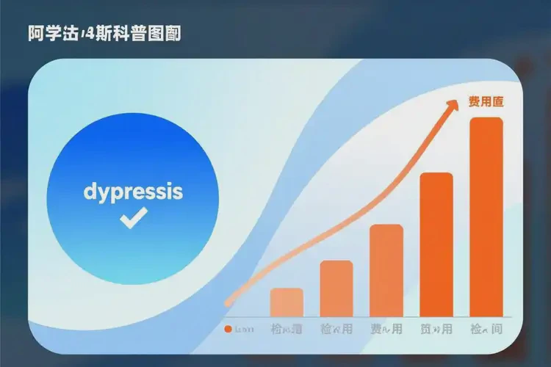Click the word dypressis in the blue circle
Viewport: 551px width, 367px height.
click(x=133, y=192)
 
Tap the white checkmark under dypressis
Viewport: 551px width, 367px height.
click(x=134, y=217)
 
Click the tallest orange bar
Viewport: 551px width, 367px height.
click(x=486, y=217)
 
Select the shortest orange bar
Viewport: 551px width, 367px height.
click(x=287, y=302)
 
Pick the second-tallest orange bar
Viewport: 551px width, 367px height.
click(x=436, y=244)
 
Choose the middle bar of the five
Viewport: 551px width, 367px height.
click(x=386, y=269)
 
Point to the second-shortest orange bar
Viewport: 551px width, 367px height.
click(x=336, y=288)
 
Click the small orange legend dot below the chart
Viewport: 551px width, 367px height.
click(x=228, y=329)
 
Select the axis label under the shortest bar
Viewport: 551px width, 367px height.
click(x=287, y=329)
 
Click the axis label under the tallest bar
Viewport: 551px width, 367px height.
click(x=486, y=329)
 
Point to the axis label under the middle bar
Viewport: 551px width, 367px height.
click(x=386, y=329)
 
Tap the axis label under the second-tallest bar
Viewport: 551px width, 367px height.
click(x=436, y=329)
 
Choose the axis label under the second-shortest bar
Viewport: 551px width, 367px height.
click(x=336, y=329)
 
